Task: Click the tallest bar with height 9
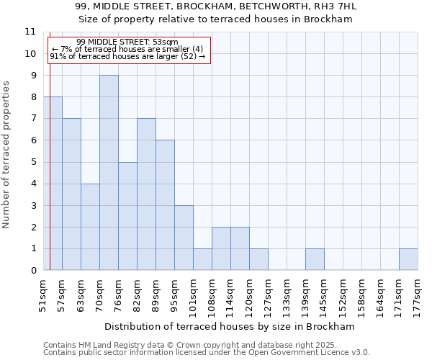[109, 173]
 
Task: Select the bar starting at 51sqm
[53, 184]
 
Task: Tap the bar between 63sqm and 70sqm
[90, 227]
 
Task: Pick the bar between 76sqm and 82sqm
[127, 216]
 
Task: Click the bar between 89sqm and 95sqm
[165, 205]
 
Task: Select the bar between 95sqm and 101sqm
[184, 238]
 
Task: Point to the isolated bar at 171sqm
[408, 260]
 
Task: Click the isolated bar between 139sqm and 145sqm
[315, 260]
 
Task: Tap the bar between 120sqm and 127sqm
[258, 260]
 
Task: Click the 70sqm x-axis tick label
[99, 294]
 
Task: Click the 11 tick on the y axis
[30, 32]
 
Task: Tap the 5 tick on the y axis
[32, 162]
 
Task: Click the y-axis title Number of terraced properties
[7, 155]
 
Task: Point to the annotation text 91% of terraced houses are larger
[127, 56]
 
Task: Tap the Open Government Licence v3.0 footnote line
[207, 353]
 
